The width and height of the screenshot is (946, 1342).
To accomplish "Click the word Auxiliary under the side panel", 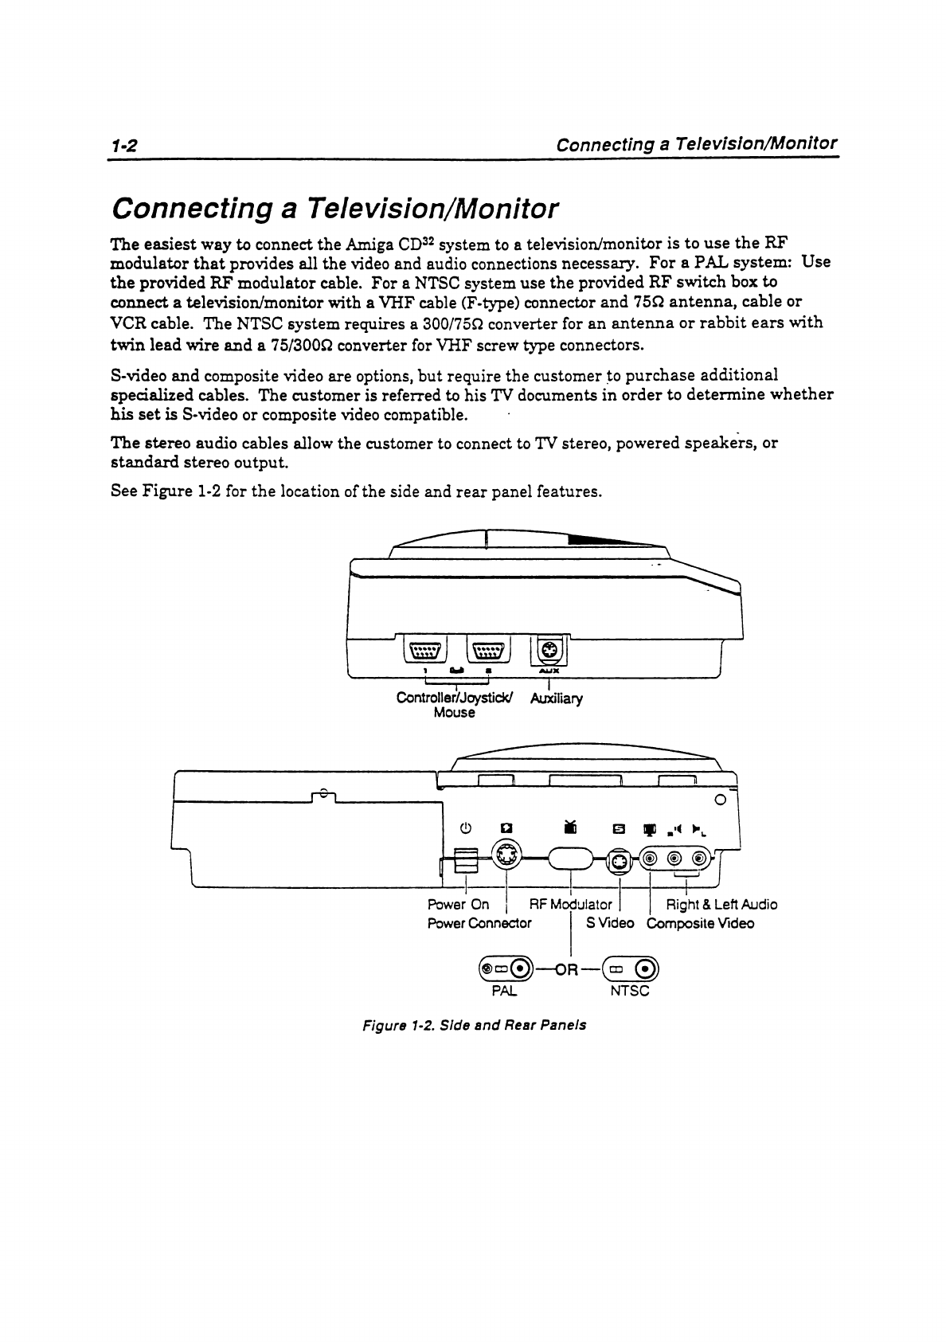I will tap(557, 698).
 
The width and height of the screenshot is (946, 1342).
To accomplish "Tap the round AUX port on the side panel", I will tap(549, 651).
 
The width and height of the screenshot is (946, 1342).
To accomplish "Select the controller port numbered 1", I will tap(425, 651).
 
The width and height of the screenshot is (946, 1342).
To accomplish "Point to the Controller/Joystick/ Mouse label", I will tap(455, 705).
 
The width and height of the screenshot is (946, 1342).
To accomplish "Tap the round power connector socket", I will tap(504, 858).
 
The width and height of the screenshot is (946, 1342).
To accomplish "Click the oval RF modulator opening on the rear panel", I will tap(570, 859).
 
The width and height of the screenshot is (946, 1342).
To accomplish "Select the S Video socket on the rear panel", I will tap(620, 861).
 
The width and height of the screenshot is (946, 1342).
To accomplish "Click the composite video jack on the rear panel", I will tap(651, 859).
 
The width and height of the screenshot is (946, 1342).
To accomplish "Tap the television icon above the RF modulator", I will tap(569, 828).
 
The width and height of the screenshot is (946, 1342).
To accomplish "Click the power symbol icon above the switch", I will tap(467, 828).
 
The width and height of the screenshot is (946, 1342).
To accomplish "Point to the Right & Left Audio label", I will tap(721, 904).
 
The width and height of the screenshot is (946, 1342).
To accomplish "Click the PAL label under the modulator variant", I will tap(503, 992).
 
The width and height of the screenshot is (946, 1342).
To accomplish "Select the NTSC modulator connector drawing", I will tap(630, 968).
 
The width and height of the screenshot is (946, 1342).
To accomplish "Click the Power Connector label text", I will tap(479, 924).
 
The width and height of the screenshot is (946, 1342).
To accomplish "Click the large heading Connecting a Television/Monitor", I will tap(336, 209).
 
